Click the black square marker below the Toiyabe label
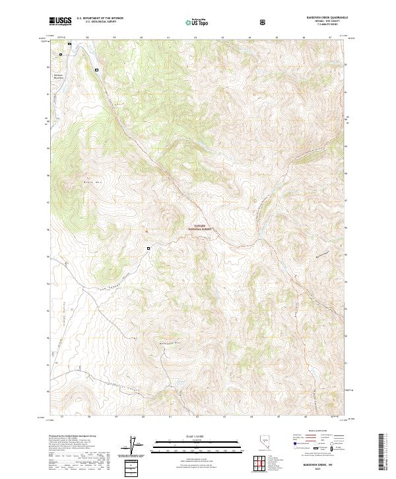coord(148,248)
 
